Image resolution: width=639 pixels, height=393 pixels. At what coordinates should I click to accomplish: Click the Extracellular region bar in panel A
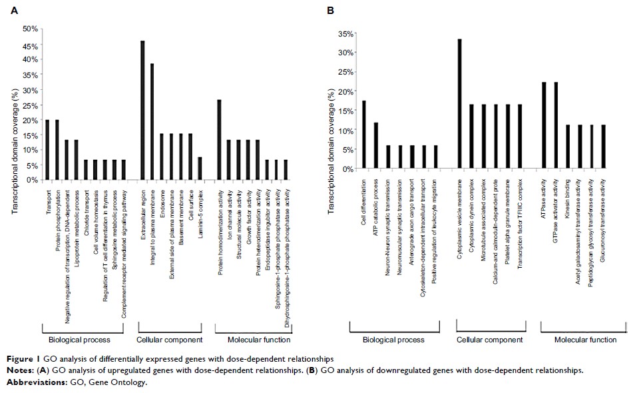142,110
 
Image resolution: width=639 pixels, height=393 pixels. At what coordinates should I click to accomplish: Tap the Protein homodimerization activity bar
219,139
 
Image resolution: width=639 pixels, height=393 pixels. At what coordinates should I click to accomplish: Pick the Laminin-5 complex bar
200,168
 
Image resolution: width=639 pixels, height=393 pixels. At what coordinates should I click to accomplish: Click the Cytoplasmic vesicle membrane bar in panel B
459,104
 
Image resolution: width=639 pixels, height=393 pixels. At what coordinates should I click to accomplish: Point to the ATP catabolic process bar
375,146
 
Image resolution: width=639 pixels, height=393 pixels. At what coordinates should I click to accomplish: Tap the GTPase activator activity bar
556,125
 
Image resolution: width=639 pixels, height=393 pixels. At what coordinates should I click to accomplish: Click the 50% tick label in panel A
31,29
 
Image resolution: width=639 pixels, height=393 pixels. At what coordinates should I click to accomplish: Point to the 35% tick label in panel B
345,33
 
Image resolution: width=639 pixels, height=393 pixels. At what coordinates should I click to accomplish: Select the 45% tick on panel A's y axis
31,44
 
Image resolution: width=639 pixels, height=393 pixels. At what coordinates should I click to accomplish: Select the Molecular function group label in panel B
586,340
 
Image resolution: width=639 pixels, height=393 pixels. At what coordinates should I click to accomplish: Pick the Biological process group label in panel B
393,340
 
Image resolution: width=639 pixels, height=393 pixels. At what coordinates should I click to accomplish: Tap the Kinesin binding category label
568,200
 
